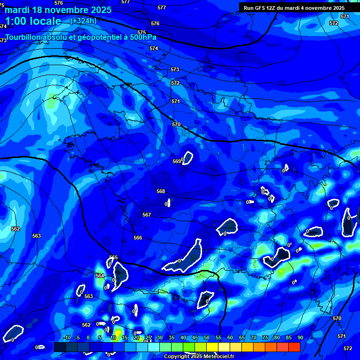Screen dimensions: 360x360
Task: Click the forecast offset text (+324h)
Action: (83, 21)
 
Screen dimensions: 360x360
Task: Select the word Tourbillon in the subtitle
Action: (24, 37)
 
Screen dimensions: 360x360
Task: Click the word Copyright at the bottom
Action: (177, 357)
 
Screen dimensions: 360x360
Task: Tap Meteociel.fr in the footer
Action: (218, 357)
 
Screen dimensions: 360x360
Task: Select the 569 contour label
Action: (176, 161)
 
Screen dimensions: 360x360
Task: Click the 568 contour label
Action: (161, 191)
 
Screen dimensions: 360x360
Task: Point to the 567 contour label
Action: (147, 215)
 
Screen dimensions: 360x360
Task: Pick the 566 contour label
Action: (138, 238)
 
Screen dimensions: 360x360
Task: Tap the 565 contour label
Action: (113, 257)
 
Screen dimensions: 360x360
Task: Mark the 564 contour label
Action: (100, 276)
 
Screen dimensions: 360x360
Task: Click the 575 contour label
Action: (142, 32)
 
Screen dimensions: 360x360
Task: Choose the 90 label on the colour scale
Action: (300, 338)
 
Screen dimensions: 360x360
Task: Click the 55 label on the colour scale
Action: (218, 338)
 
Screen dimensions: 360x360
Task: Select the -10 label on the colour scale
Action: (67, 338)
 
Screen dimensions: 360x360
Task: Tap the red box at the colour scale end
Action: (294, 347)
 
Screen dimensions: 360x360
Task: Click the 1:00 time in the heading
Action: (17, 21)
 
